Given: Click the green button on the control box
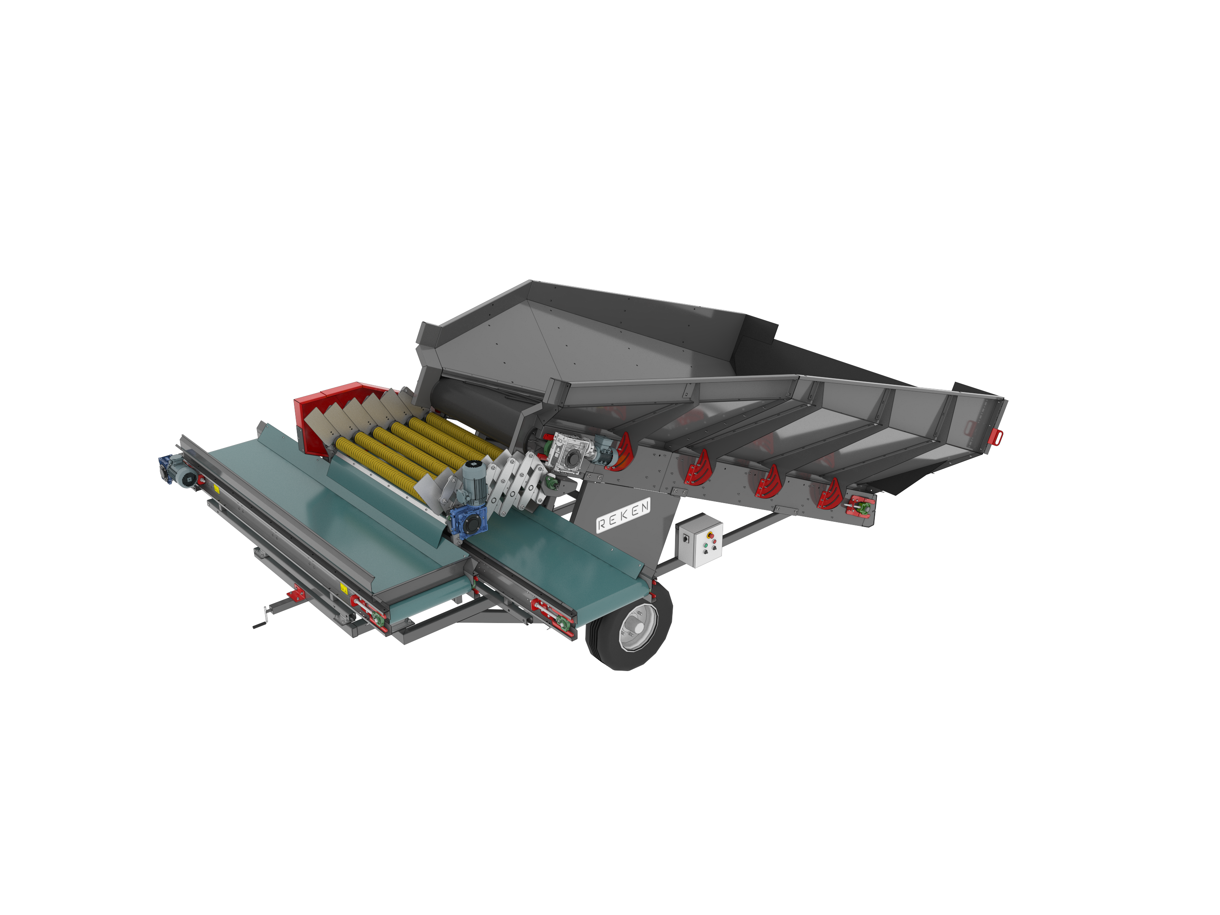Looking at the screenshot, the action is point(705,545).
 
